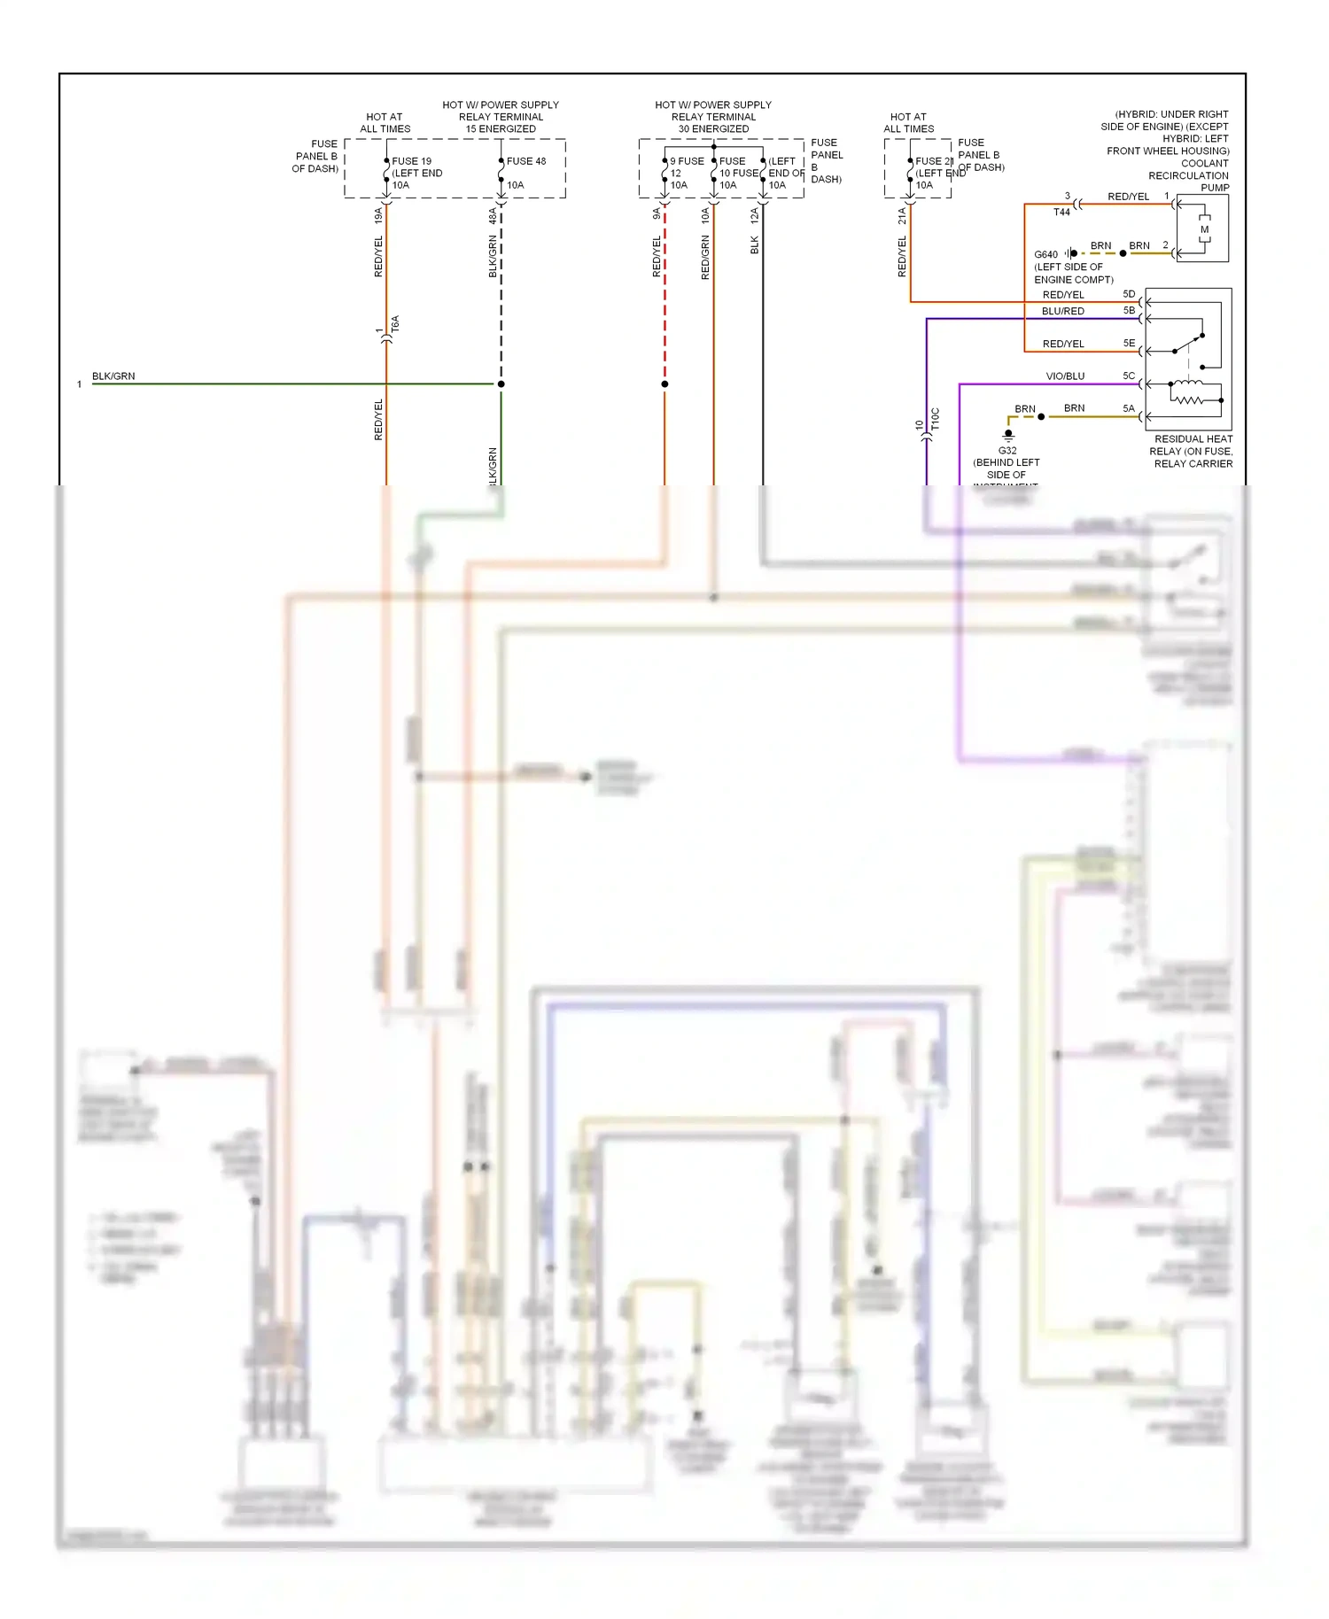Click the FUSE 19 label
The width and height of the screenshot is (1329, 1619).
411,161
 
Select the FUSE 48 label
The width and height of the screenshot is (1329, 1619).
526,161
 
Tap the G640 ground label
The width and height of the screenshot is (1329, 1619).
1045,254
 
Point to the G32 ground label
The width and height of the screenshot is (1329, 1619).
1007,450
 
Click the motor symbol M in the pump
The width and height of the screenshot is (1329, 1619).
1204,229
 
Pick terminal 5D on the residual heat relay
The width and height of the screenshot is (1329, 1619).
1129,294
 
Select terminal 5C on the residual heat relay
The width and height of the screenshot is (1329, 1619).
1129,376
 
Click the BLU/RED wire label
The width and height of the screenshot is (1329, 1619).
1062,311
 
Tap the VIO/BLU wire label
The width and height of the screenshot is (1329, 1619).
1065,376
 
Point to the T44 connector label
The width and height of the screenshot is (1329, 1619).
1061,213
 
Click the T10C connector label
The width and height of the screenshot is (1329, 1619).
936,420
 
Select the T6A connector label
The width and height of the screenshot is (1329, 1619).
395,324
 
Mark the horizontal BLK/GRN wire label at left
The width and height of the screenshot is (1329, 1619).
113,376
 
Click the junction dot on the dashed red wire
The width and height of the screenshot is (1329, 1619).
664,383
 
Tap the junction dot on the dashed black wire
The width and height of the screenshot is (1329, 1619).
501,383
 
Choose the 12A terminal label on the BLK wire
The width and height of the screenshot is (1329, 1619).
754,214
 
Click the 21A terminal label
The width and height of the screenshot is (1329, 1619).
902,214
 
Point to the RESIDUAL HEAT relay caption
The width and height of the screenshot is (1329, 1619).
1193,439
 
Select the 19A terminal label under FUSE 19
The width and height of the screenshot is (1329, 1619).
378,215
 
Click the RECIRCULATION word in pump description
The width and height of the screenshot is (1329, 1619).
1188,175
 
